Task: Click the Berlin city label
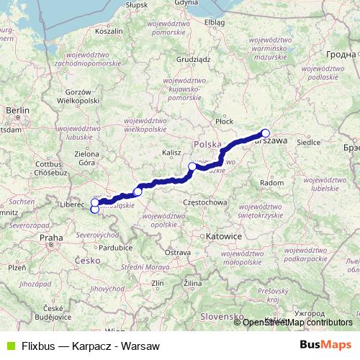point(16,109)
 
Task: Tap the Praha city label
point(52,237)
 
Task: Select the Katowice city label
point(221,235)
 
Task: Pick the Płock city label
point(225,122)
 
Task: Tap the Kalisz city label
point(172,153)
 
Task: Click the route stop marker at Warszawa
point(265,132)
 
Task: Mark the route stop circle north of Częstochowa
point(192,167)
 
